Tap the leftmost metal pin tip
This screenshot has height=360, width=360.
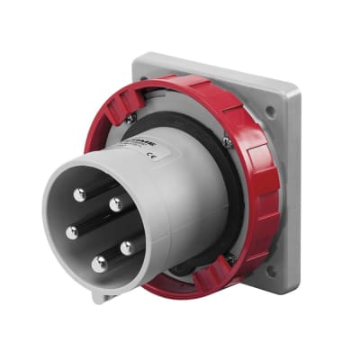tap(71, 232)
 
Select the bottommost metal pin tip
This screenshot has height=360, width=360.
tap(98, 263)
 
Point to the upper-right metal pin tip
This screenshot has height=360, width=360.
tap(116, 204)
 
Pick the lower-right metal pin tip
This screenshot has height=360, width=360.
tap(127, 245)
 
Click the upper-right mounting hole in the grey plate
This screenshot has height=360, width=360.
tap(270, 112)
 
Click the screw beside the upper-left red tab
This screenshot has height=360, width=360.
tap(131, 117)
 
